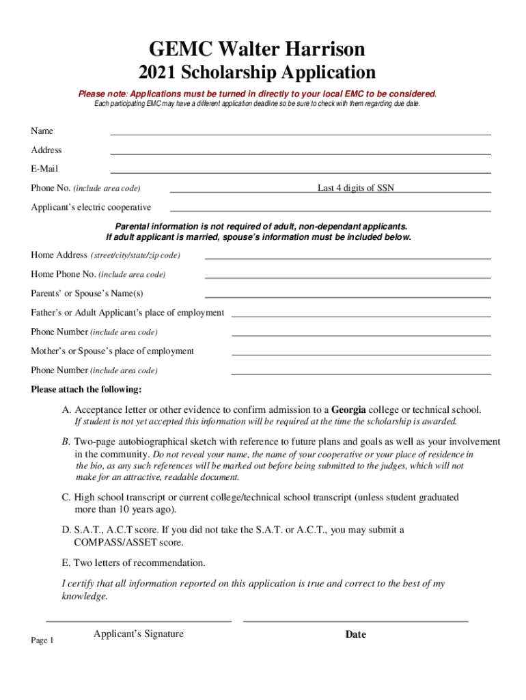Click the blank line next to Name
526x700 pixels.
[x=301, y=134]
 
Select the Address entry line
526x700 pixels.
[x=301, y=153]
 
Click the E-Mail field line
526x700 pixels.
[x=301, y=172]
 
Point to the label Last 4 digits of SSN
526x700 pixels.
[x=355, y=188]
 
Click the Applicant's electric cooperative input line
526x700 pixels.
[x=330, y=210]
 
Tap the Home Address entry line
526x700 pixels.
[x=348, y=258]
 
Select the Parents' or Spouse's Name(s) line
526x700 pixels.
[x=348, y=297]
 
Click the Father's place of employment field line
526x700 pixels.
[x=361, y=316]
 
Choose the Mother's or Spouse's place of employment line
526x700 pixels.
[x=361, y=354]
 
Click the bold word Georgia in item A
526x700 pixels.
[x=352, y=410]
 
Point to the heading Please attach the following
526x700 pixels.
[x=86, y=390]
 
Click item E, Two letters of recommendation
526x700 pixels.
[x=133, y=563]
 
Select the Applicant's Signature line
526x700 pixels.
[x=139, y=620]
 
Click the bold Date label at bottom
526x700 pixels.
[x=355, y=634]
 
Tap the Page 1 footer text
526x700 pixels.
[x=42, y=640]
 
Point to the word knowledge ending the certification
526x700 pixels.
[x=84, y=596]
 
